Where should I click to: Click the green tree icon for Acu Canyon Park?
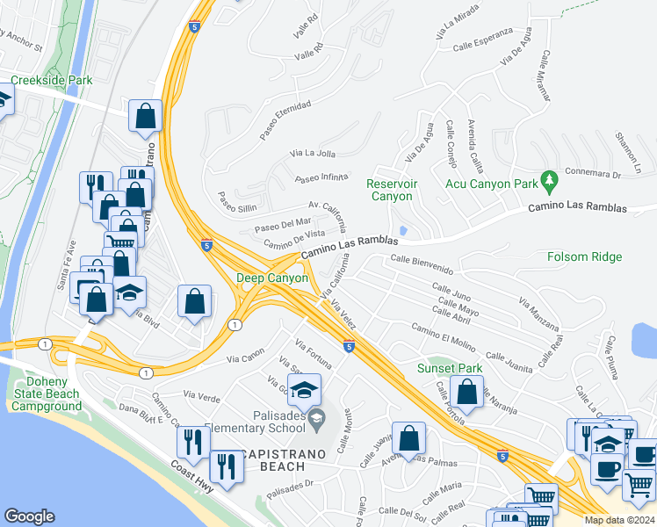tap(551, 181)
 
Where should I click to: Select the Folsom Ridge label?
tap(584, 256)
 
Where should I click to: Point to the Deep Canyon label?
tap(272, 278)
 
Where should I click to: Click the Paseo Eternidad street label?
tap(285, 120)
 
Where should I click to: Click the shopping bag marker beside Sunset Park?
tap(467, 392)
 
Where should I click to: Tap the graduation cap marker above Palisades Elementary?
tap(304, 389)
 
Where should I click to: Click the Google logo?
tap(29, 516)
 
